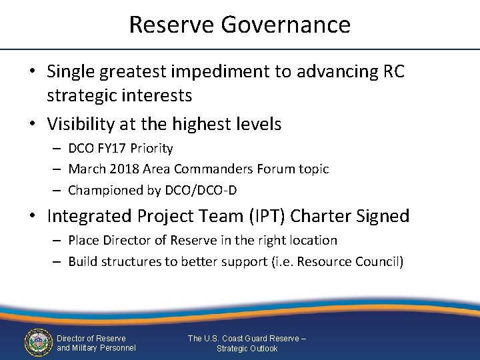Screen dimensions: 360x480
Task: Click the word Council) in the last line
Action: click(379, 261)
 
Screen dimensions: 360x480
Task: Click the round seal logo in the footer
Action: click(38, 342)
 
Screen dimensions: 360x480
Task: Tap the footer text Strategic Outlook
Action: click(247, 349)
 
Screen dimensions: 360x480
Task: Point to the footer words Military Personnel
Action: click(105, 348)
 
